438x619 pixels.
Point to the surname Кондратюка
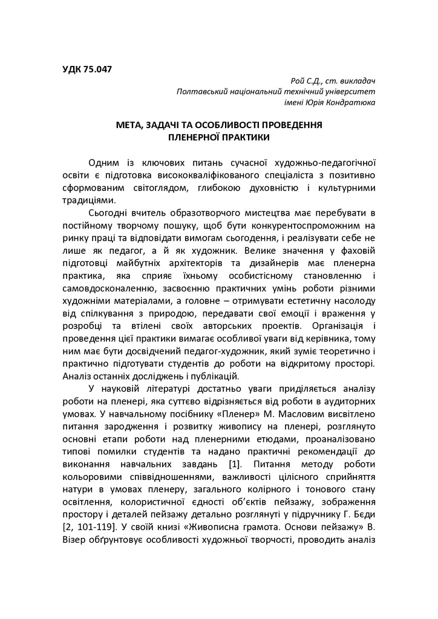tap(350, 102)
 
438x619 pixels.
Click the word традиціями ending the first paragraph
tap(87, 200)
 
